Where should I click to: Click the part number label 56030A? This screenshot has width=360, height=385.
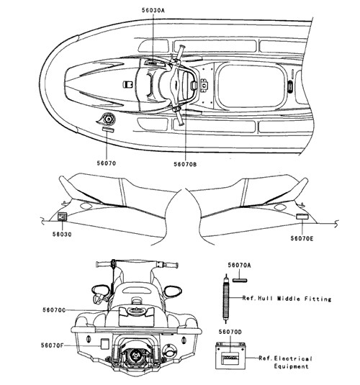[153, 10]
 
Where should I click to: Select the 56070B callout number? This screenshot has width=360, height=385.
[185, 164]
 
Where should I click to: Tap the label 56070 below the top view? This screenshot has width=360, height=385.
[106, 163]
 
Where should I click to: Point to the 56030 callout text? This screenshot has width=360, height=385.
[62, 235]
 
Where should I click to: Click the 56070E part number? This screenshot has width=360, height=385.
[302, 238]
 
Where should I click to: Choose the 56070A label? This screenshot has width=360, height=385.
[239, 265]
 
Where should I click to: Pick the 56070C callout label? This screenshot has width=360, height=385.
[54, 310]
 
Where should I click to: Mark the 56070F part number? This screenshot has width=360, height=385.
[52, 345]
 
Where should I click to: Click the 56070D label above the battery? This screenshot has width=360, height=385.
[230, 332]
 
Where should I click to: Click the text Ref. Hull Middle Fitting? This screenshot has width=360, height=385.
[287, 299]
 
